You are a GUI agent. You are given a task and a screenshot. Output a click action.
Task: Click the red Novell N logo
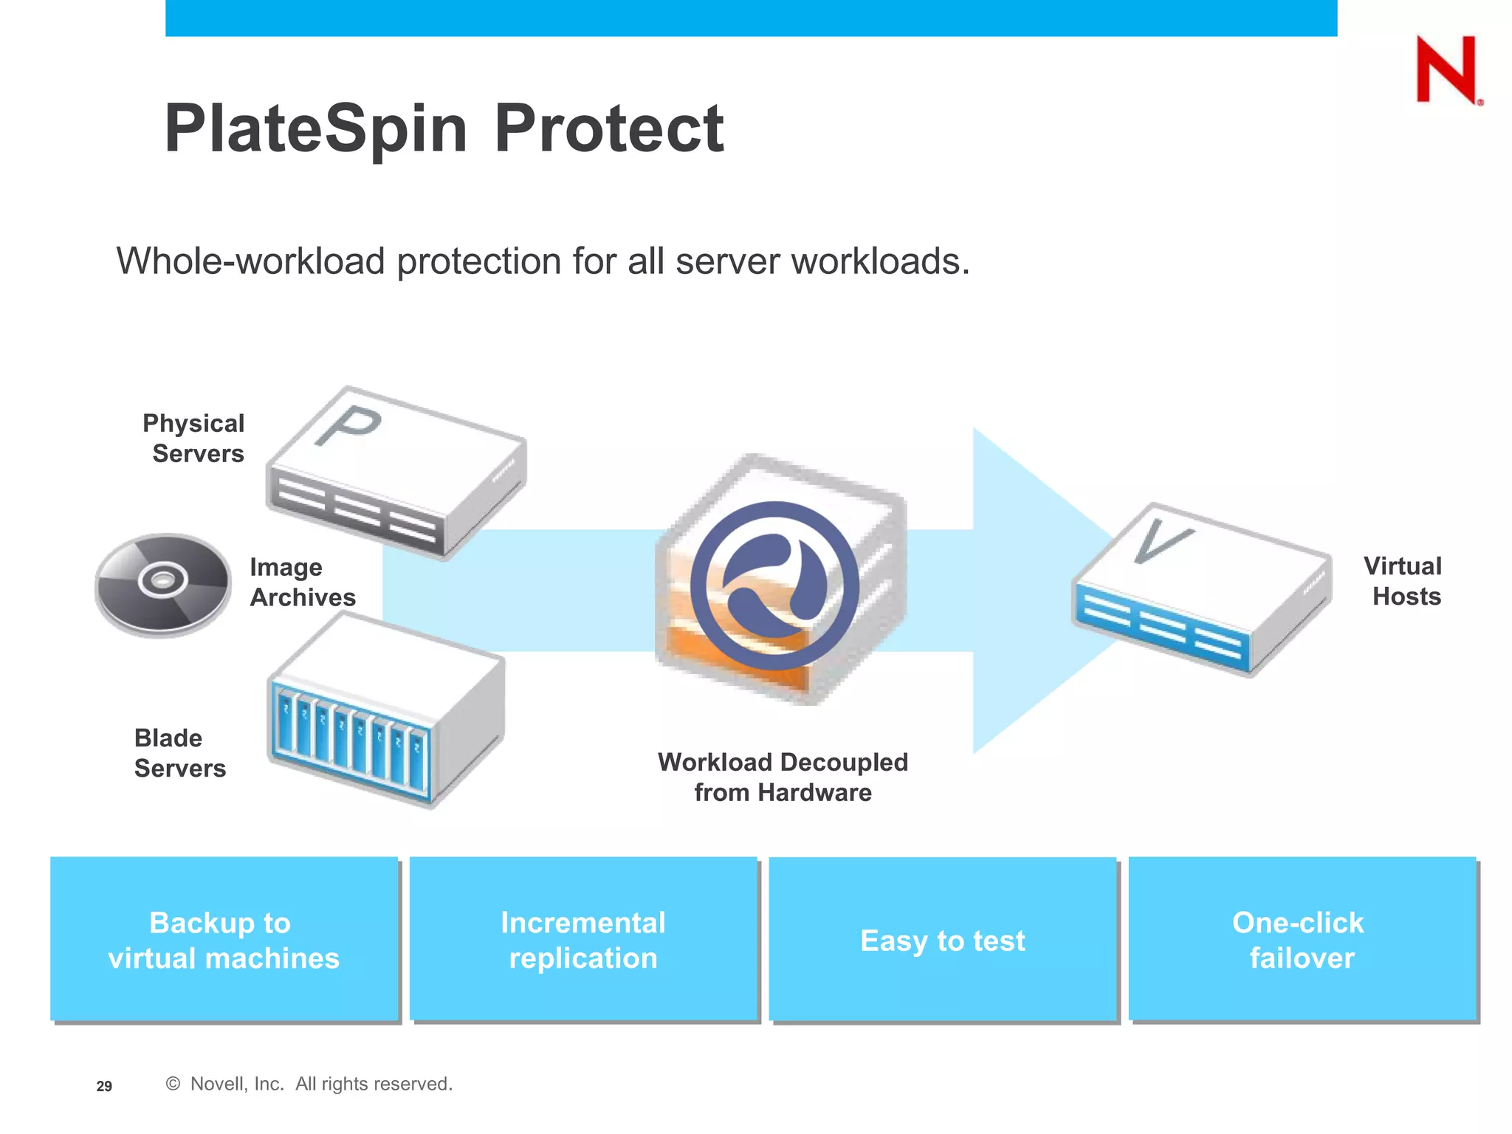tap(1446, 69)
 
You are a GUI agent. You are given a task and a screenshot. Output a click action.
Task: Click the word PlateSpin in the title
tap(316, 129)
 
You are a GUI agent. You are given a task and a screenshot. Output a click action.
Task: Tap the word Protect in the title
tap(608, 129)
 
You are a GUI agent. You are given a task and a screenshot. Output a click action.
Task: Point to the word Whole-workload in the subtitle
tap(250, 261)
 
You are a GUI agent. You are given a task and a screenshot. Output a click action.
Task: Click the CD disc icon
tap(163, 584)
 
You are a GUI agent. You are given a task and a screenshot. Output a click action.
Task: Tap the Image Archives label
tap(302, 582)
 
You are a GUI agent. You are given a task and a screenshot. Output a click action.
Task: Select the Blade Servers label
tap(179, 753)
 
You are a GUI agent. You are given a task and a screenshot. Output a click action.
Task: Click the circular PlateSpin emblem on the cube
tap(774, 585)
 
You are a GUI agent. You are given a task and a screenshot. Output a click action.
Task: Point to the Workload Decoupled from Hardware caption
tap(783, 777)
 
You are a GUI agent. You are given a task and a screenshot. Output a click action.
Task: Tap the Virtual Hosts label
tap(1403, 581)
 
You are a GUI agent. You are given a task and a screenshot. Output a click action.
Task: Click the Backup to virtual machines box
tap(224, 939)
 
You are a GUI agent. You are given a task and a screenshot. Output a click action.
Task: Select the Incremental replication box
tap(583, 939)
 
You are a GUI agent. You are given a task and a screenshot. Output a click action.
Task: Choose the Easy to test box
tap(943, 939)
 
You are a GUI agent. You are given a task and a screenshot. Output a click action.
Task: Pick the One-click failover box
tap(1302, 939)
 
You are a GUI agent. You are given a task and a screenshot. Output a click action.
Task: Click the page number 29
tap(104, 1086)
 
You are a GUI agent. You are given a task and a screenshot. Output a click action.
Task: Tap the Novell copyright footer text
tap(310, 1084)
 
